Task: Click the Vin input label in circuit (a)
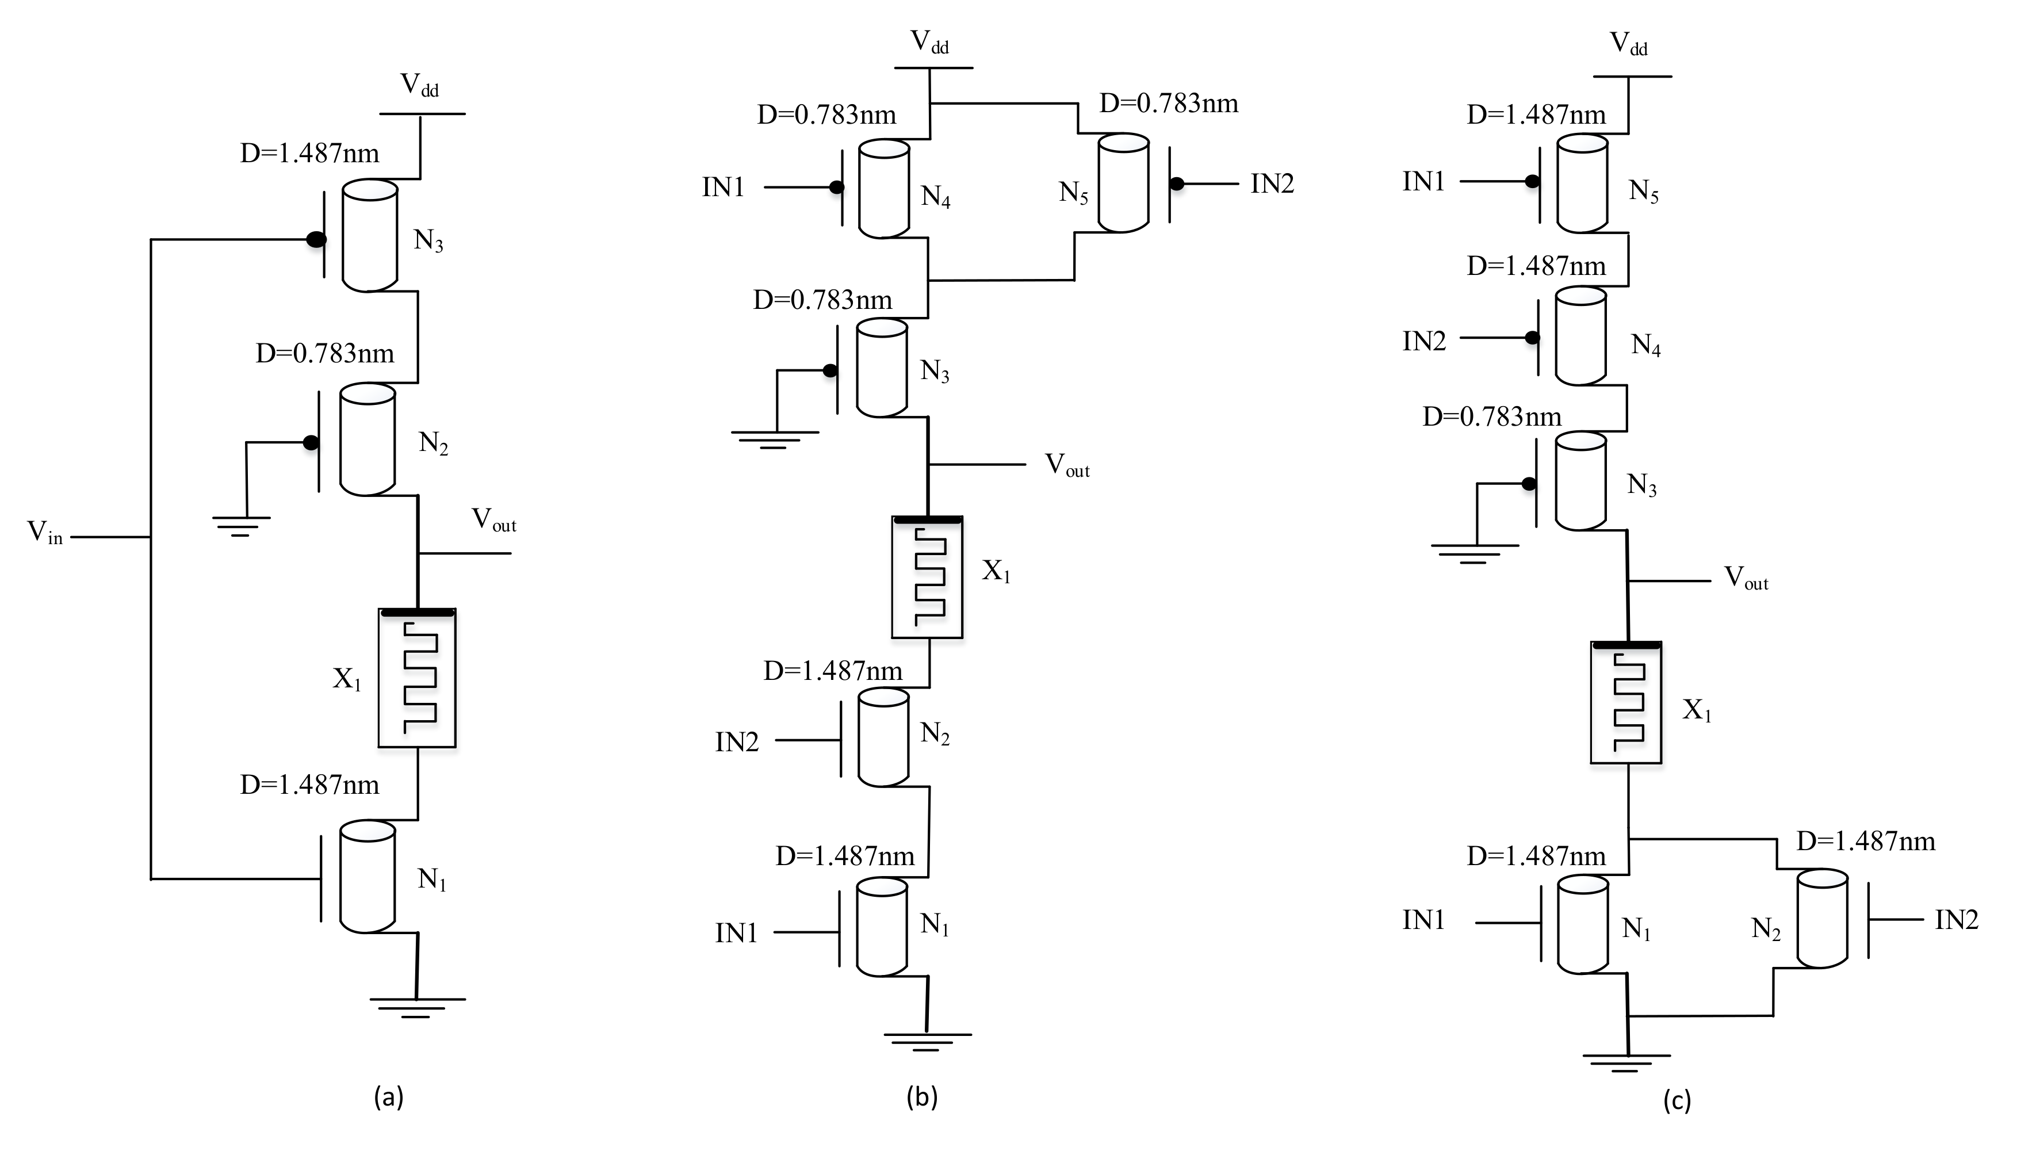pos(44,533)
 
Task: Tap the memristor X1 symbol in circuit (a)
pos(418,678)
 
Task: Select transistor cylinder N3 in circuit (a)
pos(369,236)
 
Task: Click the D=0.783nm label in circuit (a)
pos(325,353)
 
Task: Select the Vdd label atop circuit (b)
pos(929,42)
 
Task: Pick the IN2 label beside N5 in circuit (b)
pos(1272,184)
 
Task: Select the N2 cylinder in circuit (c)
pos(1822,919)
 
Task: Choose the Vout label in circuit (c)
pos(1745,578)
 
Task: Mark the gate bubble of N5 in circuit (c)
pos(1532,182)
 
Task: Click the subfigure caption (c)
pos(1677,1100)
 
